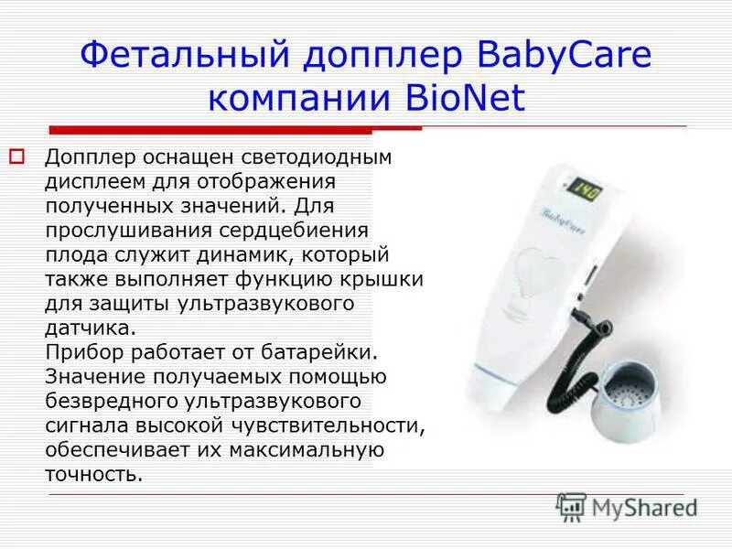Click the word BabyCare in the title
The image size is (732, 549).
tap(565, 56)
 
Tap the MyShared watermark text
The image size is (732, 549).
tap(644, 507)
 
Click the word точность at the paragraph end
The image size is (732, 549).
tap(93, 475)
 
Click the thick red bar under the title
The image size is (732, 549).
tap(210, 130)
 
